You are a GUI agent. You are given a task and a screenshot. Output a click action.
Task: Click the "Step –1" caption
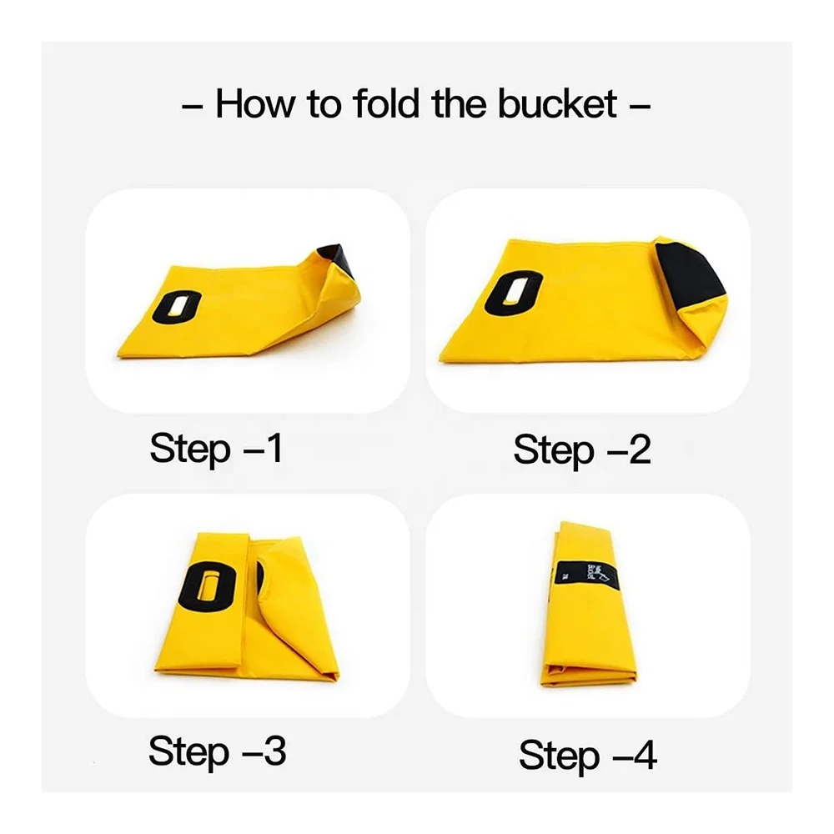point(216,449)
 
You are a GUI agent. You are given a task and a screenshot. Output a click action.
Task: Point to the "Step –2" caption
point(581,450)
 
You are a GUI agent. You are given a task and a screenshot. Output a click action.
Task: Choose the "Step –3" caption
point(217,751)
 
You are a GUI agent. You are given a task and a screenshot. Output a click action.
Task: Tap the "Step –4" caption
point(587,756)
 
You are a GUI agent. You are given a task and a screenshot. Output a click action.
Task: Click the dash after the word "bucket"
point(640,106)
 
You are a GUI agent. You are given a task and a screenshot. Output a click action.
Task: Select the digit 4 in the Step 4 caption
point(643,756)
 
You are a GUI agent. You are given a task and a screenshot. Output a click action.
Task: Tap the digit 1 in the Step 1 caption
point(274,449)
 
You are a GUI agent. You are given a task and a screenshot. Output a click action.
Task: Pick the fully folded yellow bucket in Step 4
point(588,605)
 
